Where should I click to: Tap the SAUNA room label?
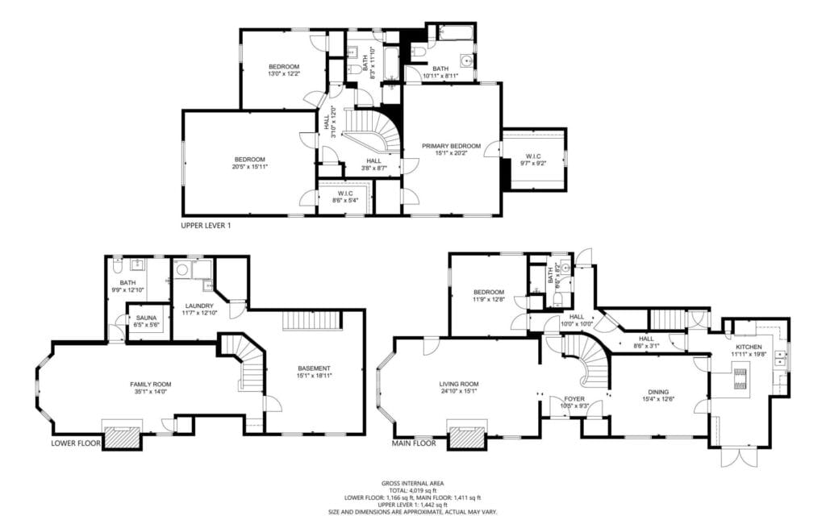pos(146,318)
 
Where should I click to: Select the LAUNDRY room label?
pos(198,306)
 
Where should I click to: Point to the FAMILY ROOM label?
pos(152,384)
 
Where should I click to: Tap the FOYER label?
pos(574,398)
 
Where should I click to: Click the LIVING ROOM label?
pos(459,384)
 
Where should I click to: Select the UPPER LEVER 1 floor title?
pos(206,226)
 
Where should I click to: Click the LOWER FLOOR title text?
pos(76,443)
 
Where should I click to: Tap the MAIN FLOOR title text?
pos(414,443)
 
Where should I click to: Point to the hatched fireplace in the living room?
pos(467,437)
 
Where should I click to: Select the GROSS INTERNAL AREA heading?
pos(412,484)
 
